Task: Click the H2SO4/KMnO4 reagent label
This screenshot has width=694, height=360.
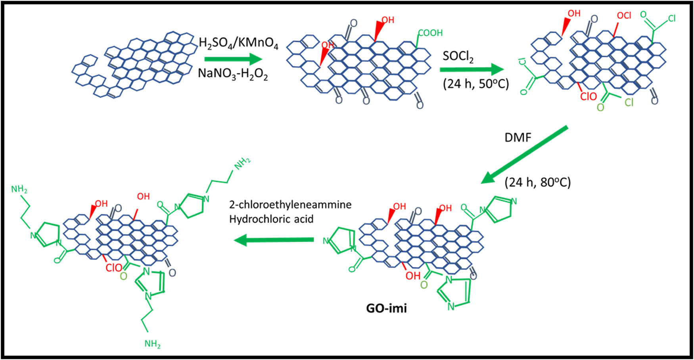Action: (238, 43)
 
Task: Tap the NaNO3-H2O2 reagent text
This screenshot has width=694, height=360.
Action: (233, 74)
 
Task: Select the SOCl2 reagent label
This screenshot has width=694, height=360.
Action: (458, 57)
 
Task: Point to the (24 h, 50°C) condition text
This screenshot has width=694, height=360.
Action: (475, 84)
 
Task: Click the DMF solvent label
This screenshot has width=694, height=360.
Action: (518, 138)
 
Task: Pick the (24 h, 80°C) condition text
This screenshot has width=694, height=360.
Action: (537, 182)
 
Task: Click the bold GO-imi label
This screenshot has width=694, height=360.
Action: (386, 308)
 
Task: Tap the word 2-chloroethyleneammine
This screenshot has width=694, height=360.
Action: (290, 205)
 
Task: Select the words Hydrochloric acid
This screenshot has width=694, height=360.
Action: (271, 219)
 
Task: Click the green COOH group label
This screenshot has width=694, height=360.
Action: (430, 33)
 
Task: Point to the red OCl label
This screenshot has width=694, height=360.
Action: (624, 15)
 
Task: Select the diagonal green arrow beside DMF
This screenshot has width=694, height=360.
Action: (524, 155)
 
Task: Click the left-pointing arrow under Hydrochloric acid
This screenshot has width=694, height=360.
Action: (274, 240)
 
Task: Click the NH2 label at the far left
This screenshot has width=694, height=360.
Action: (19, 190)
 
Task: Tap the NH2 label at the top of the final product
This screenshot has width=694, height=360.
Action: (242, 163)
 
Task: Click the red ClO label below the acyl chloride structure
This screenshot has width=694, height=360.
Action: (588, 96)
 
